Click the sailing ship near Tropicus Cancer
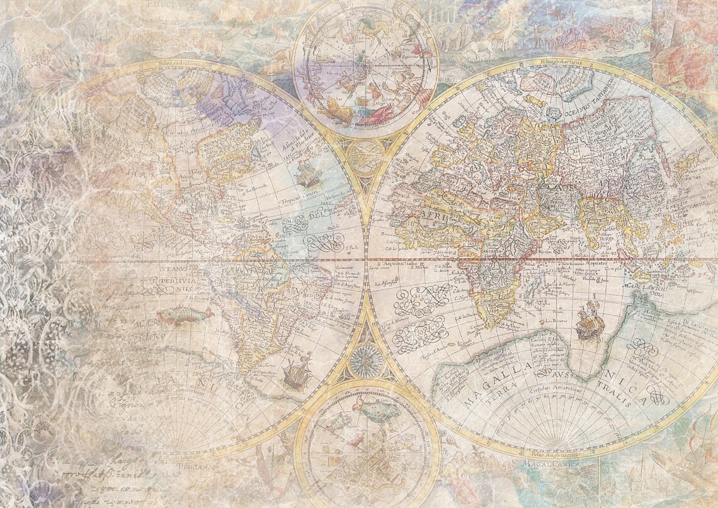[307, 173]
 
